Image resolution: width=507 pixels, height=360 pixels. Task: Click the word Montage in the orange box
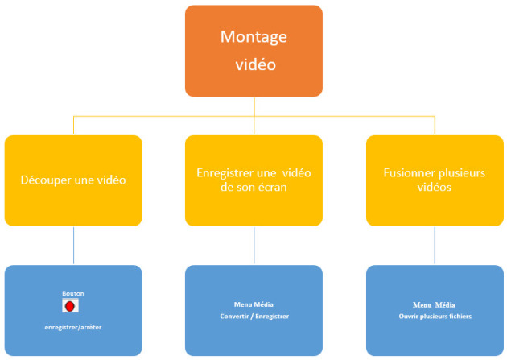[x=253, y=37]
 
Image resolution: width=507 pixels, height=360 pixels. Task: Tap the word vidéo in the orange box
[x=255, y=64]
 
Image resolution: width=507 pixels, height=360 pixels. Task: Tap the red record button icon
[x=70, y=306]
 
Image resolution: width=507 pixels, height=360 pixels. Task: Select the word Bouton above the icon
[x=73, y=293]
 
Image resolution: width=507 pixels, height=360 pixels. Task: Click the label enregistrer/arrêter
[x=73, y=327]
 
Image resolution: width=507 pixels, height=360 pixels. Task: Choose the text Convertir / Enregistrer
[x=254, y=316]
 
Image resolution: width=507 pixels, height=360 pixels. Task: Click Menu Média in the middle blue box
[x=253, y=304]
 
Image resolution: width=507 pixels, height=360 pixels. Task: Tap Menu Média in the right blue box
[x=434, y=304]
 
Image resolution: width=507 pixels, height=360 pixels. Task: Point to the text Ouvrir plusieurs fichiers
[x=435, y=316]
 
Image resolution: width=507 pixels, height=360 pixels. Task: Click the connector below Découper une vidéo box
[x=73, y=246]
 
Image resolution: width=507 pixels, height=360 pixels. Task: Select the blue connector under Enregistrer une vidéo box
[x=253, y=246]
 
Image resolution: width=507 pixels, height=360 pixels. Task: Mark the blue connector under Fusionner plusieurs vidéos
[x=435, y=246]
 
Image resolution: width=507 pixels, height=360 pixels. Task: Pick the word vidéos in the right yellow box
[x=435, y=188]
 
